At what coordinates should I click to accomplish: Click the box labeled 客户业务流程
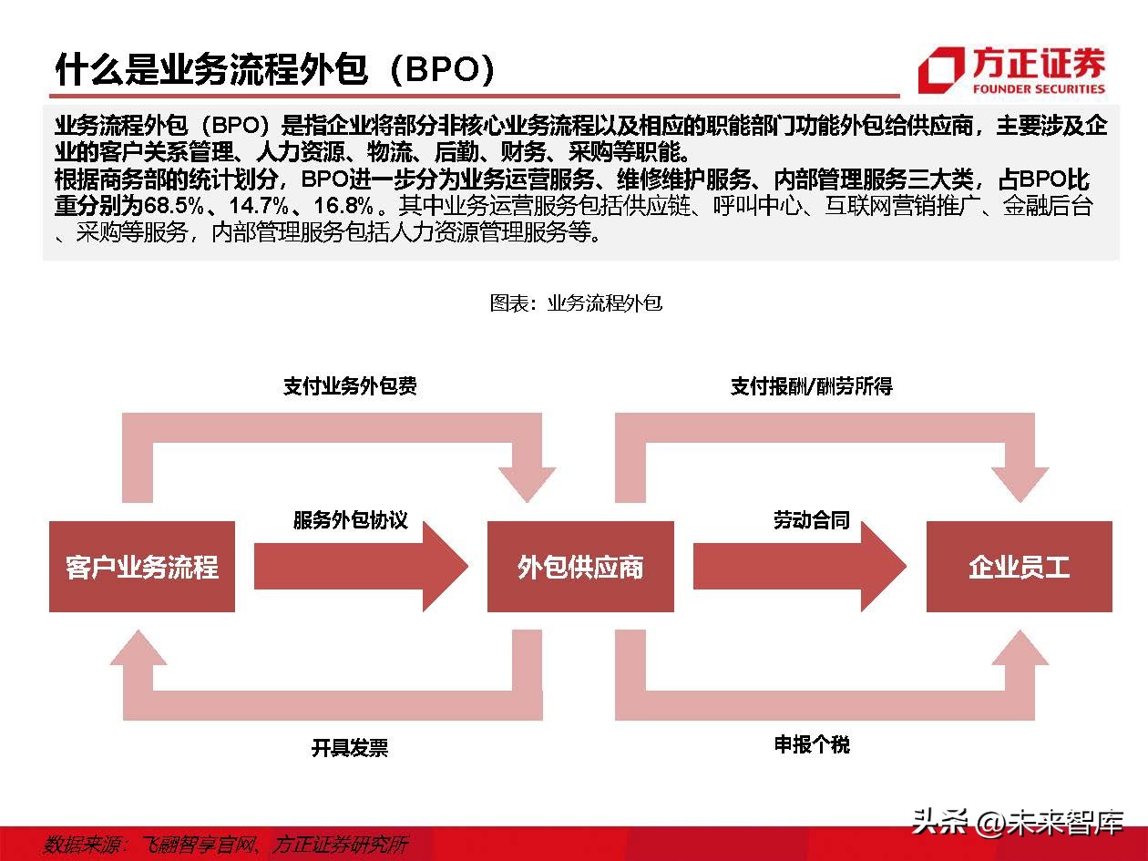pyautogui.click(x=142, y=566)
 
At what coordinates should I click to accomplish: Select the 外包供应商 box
pyautogui.click(x=580, y=566)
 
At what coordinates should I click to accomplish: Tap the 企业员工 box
pyautogui.click(x=1020, y=566)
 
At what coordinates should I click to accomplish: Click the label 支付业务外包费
pyautogui.click(x=350, y=385)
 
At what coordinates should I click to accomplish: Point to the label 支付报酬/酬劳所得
pyautogui.click(x=811, y=385)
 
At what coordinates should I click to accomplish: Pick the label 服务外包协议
pyautogui.click(x=350, y=519)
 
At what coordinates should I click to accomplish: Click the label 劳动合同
pyautogui.click(x=811, y=519)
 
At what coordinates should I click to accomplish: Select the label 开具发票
pyautogui.click(x=350, y=747)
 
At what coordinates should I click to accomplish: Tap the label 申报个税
pyautogui.click(x=812, y=744)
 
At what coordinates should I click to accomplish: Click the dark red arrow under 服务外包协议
pyautogui.click(x=361, y=566)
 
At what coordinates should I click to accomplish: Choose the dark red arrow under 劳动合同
pyautogui.click(x=800, y=566)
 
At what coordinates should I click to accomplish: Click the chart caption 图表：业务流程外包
pyautogui.click(x=576, y=303)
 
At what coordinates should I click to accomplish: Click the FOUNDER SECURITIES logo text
pyautogui.click(x=1039, y=89)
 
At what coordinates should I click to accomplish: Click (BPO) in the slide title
pyautogui.click(x=443, y=69)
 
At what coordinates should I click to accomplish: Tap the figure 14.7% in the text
pyautogui.click(x=259, y=205)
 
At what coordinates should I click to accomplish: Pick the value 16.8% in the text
pyautogui.click(x=343, y=205)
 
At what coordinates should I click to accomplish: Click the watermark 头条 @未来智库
pyautogui.click(x=1017, y=823)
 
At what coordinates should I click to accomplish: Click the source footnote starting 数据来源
pyautogui.click(x=226, y=845)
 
